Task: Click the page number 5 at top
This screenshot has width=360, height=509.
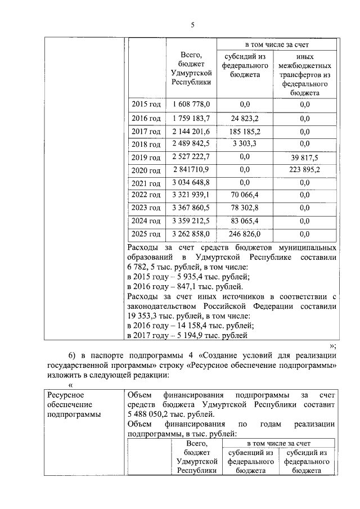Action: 192,25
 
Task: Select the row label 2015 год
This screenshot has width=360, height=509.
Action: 146,105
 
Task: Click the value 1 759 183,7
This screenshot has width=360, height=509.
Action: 191,118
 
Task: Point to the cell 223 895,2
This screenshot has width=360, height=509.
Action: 305,170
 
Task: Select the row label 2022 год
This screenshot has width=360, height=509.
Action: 146,195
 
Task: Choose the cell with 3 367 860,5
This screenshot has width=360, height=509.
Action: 191,208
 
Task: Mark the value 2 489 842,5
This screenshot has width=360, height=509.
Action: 191,144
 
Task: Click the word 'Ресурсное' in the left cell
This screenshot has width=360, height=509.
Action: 65,395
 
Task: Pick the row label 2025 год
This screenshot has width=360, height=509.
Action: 146,233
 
